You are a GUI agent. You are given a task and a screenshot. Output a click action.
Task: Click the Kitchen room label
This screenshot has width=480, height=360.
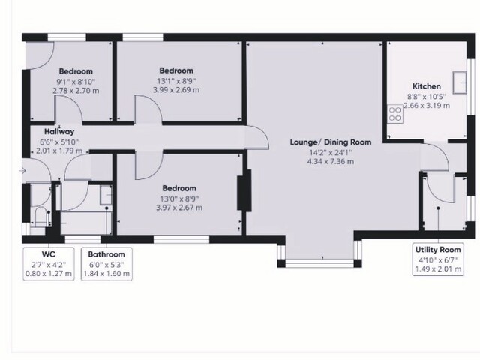(426, 86)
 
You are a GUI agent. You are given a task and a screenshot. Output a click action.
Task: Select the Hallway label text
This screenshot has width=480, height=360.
(58, 131)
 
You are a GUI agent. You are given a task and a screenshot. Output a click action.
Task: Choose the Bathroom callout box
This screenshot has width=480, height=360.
(106, 264)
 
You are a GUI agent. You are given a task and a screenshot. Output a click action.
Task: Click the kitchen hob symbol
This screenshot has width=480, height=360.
(393, 114)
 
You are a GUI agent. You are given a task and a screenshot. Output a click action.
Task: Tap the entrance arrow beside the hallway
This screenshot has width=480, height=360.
(23, 172)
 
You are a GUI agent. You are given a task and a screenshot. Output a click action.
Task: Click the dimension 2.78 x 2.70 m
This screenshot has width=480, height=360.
(75, 90)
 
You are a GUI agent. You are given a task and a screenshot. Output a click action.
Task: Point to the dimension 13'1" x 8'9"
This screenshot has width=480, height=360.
(175, 81)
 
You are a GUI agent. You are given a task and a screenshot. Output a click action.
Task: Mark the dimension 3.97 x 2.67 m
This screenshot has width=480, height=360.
(178, 208)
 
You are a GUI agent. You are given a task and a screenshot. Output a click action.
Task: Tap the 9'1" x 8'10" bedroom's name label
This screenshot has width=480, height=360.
(75, 71)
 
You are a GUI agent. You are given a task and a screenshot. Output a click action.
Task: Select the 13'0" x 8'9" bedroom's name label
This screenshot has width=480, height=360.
(178, 188)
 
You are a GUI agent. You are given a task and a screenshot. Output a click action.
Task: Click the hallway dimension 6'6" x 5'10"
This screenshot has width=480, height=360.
(58, 141)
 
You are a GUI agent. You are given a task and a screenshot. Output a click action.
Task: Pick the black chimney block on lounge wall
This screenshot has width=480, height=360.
(242, 193)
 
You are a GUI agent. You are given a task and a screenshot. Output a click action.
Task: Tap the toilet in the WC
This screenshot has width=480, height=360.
(39, 218)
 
